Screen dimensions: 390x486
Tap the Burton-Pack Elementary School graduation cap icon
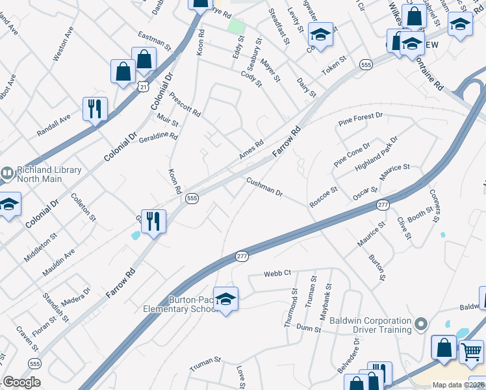[x=225, y=299]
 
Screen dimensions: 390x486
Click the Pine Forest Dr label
[x=361, y=119]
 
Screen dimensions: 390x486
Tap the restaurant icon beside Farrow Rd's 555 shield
[x=153, y=221]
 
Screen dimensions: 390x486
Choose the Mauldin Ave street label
[x=59, y=255]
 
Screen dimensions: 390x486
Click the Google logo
[x=21, y=382]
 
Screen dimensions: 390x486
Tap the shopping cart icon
[x=471, y=352]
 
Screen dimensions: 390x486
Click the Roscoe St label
[x=324, y=198]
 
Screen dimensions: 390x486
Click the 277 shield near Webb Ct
[x=242, y=257]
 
